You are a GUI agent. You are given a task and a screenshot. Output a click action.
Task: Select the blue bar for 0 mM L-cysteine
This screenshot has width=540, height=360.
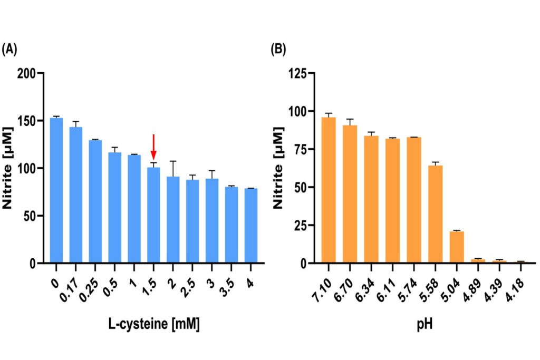[x=56, y=190]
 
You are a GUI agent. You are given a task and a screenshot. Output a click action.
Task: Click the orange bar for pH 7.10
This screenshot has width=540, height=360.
[x=329, y=190]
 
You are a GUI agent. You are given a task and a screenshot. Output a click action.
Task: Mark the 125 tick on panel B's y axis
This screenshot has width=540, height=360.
[x=297, y=73]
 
